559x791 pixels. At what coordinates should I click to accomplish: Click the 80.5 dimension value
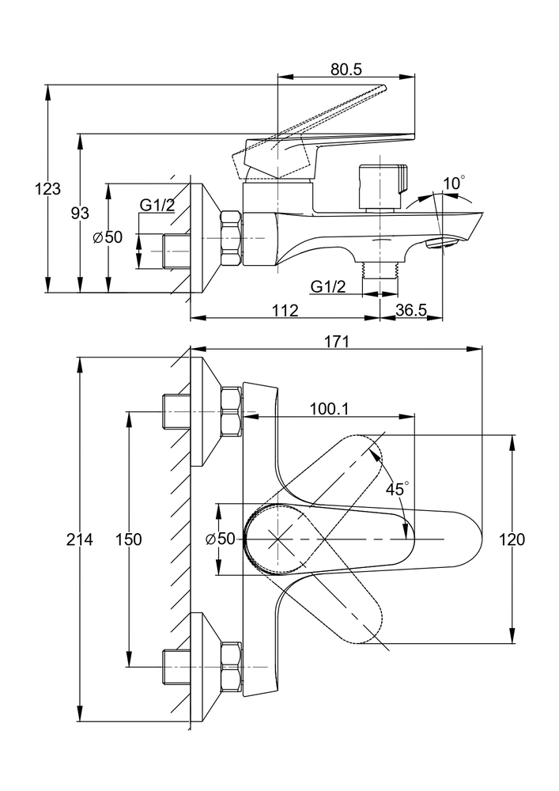(346, 69)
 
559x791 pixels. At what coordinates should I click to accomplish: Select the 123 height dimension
(47, 189)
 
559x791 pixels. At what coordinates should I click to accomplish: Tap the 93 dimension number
(80, 213)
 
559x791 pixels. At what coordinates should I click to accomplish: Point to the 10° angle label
(454, 183)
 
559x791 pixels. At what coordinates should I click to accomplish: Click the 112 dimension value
(285, 310)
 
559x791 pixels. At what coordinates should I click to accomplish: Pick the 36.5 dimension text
(411, 310)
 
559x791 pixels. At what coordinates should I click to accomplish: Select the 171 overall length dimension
(336, 342)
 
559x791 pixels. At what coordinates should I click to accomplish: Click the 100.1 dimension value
(329, 409)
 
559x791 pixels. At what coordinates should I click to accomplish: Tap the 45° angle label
(398, 488)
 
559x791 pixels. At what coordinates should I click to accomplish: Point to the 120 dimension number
(512, 539)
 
